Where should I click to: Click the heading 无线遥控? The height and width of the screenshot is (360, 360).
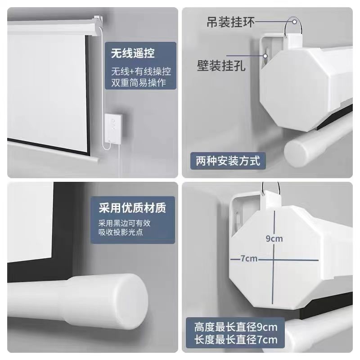click(x=133, y=53)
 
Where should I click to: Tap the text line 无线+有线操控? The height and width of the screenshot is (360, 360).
click(x=141, y=72)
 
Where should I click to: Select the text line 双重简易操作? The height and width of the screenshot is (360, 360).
click(x=139, y=82)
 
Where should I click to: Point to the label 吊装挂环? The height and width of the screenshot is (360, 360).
click(x=231, y=22)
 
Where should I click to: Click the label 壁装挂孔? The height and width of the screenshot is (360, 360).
click(x=221, y=65)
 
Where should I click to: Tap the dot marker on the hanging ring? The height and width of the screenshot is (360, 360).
click(x=294, y=22)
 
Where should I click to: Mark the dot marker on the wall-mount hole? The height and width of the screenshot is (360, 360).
click(x=265, y=55)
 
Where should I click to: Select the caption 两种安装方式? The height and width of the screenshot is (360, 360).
click(x=228, y=161)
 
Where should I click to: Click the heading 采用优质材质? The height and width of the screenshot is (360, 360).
click(x=132, y=207)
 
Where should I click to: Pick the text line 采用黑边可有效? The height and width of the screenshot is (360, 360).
click(x=125, y=223)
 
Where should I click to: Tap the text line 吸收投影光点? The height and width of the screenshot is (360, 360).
click(x=121, y=232)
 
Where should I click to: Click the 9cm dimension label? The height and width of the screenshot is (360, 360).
click(x=274, y=239)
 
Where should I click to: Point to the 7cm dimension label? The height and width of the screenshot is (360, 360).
click(x=249, y=259)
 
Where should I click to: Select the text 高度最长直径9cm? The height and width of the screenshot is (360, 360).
click(x=236, y=327)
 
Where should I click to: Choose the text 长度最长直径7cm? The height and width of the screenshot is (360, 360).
click(x=236, y=340)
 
